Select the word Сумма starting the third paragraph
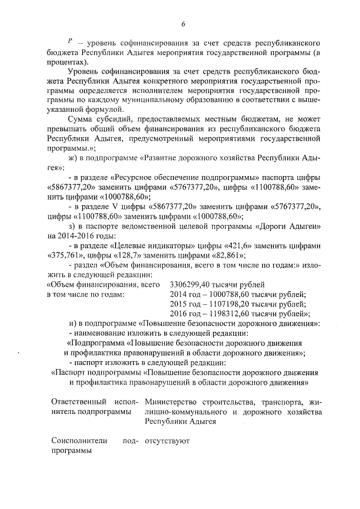click(80, 120)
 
